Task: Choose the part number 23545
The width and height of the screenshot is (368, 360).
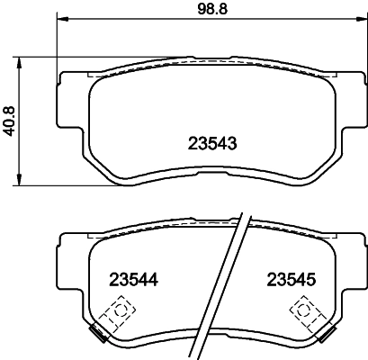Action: point(288,279)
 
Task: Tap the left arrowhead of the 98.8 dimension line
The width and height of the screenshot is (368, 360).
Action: point(61,21)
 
